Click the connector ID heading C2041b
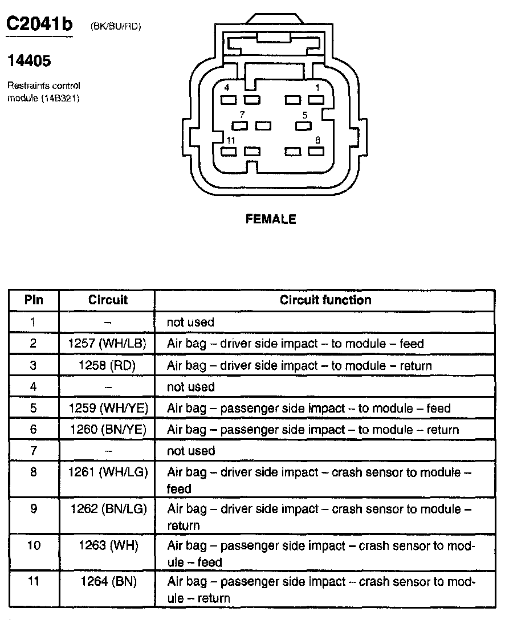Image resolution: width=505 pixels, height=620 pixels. pyautogui.click(x=39, y=25)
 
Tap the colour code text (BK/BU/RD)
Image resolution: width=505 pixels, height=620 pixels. pyautogui.click(x=115, y=26)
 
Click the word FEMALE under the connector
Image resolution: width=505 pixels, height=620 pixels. pyautogui.click(x=271, y=219)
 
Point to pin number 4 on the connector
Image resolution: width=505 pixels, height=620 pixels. pyautogui.click(x=227, y=88)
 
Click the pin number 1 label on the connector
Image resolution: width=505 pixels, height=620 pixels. pyautogui.click(x=317, y=88)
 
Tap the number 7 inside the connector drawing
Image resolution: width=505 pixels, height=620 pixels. pyautogui.click(x=242, y=115)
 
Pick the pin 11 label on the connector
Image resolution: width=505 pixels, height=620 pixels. pyautogui.click(x=230, y=140)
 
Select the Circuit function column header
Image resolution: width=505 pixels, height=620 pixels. pyautogui.click(x=325, y=300)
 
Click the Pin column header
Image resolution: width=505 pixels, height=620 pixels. pyautogui.click(x=34, y=300)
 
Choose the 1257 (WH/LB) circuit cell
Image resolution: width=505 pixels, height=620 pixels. pyautogui.click(x=108, y=344)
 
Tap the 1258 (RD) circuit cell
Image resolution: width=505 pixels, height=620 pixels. pyautogui.click(x=108, y=365)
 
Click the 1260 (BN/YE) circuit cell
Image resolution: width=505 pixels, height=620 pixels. pyautogui.click(x=108, y=430)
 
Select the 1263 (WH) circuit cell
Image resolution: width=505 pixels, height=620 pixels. pyautogui.click(x=108, y=545)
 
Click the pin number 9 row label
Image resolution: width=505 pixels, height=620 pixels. pyautogui.click(x=34, y=508)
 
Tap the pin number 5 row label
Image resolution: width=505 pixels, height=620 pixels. pyautogui.click(x=34, y=408)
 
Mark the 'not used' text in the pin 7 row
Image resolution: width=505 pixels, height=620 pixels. pyautogui.click(x=190, y=451)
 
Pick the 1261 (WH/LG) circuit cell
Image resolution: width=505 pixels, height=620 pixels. pyautogui.click(x=108, y=472)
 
